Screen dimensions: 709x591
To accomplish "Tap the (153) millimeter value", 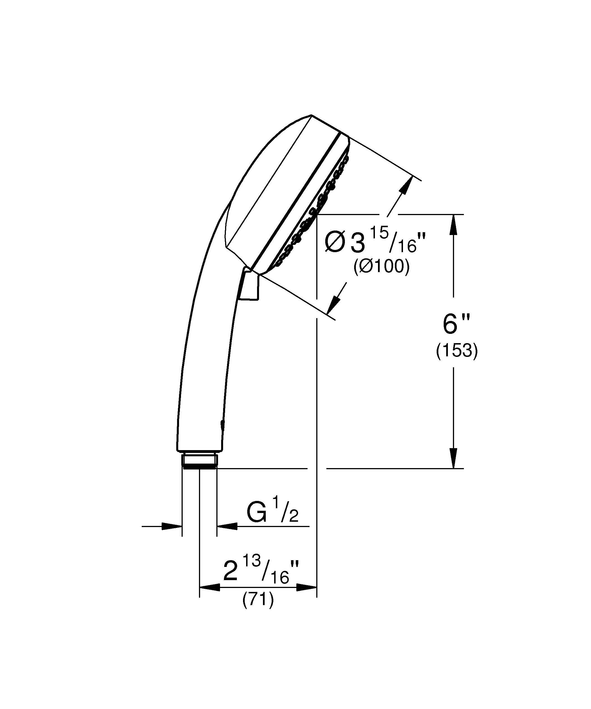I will (x=457, y=352).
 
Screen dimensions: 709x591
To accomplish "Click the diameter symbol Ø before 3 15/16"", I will (x=334, y=243).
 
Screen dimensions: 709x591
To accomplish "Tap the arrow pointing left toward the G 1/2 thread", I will (x=227, y=526).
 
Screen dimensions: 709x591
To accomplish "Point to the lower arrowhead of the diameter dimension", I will (x=334, y=304).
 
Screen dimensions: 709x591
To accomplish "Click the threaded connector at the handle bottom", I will (x=199, y=460).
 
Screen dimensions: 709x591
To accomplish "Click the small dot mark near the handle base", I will (x=222, y=425).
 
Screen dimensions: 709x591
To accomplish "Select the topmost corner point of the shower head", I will (x=311, y=115).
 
